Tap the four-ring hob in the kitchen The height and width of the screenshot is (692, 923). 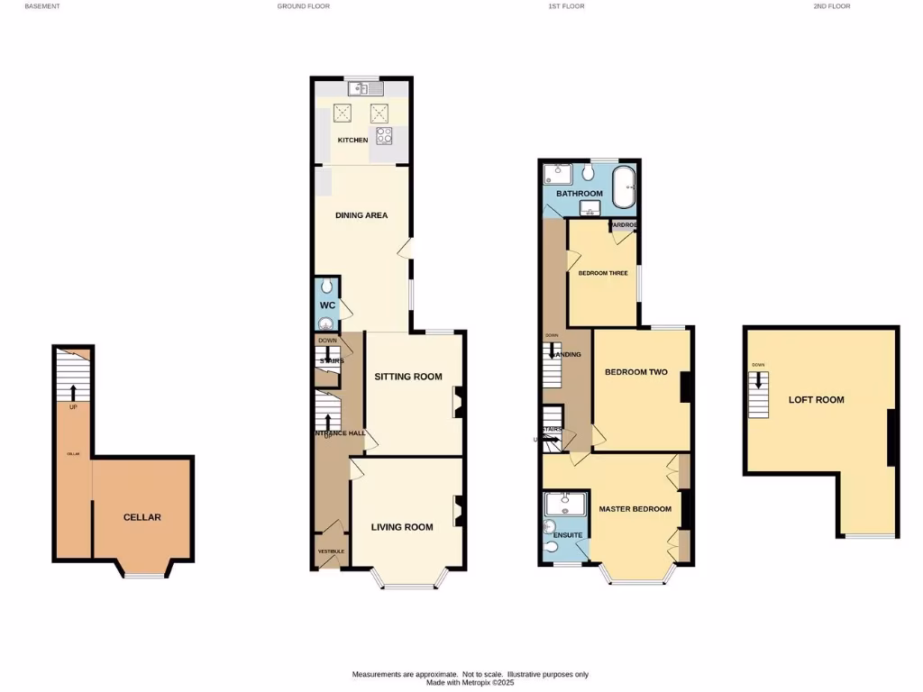(385, 136)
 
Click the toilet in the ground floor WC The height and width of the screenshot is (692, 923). (326, 287)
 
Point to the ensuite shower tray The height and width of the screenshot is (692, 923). (565, 503)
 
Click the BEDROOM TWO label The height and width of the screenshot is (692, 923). (635, 372)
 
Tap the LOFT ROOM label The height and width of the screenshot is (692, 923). (816, 399)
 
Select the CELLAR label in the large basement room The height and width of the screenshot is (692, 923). (142, 517)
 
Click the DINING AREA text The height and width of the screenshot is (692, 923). (361, 215)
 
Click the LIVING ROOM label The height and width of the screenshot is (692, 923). (402, 527)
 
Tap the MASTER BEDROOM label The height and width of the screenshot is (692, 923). (635, 509)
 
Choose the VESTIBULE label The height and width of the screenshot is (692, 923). (331, 551)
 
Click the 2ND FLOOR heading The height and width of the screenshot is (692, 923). (831, 6)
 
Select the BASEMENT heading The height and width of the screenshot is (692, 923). (42, 6)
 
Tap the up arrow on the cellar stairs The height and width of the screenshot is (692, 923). (73, 391)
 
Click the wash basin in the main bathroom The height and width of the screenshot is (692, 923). (590, 209)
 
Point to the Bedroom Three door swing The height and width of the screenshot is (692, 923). (573, 259)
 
